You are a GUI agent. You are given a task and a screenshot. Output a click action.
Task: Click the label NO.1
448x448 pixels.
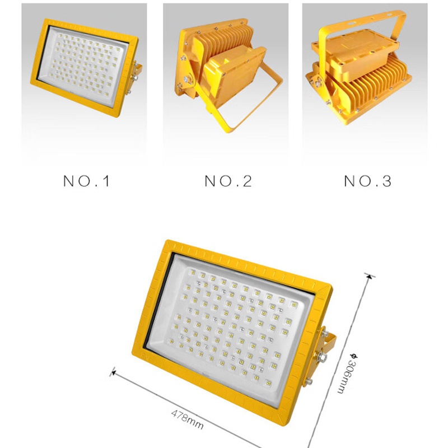(87, 181)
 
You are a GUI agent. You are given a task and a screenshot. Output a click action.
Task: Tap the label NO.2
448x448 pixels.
(228, 181)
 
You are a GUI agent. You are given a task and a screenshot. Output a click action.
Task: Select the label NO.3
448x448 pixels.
(368, 181)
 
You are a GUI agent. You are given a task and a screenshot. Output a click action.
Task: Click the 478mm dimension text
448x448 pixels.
(188, 419)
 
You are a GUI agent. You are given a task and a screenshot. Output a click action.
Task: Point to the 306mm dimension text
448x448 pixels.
(346, 374)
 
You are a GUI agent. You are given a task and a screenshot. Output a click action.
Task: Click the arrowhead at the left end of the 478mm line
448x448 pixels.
(114, 372)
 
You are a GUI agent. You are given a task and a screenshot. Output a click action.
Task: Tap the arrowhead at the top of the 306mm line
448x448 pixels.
(370, 276)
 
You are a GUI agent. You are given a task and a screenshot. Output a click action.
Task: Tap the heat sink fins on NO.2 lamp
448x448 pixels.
(226, 37)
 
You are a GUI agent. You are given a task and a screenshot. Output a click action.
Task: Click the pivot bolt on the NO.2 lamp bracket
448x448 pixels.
(188, 79)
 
